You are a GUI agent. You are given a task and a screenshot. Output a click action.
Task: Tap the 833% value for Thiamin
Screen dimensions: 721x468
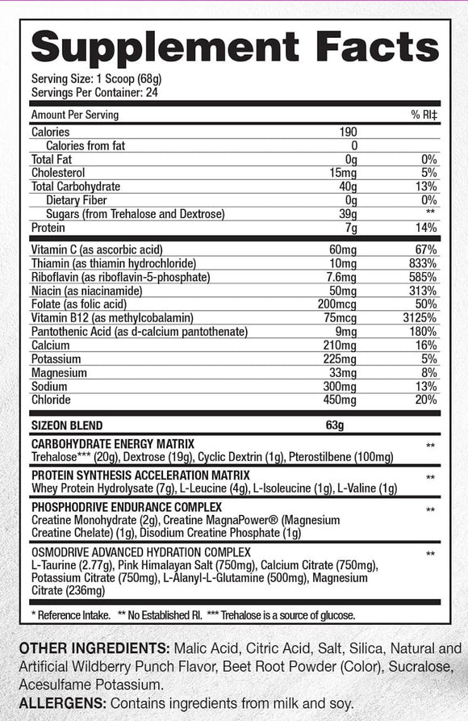tap(423, 264)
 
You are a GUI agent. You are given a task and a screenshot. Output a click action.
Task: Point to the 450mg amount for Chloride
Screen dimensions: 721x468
tap(340, 400)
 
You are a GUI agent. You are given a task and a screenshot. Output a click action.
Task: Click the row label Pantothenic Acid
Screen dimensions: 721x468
tap(73, 332)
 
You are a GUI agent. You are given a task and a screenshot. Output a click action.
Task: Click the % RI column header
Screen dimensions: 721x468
tap(424, 115)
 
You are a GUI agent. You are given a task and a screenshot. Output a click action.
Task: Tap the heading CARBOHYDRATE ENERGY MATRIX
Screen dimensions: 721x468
tap(113, 445)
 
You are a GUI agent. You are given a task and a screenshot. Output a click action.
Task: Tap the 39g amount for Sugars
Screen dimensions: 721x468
tap(348, 214)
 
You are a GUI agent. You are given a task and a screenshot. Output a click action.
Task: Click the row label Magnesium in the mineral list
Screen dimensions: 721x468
tap(60, 372)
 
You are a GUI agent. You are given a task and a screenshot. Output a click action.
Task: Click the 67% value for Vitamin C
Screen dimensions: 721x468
tap(425, 250)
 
